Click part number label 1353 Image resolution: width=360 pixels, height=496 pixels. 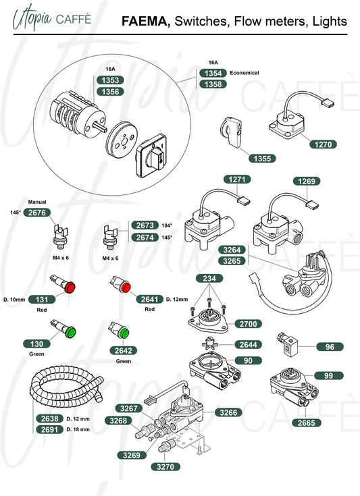point(110,80)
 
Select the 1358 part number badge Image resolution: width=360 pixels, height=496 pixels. point(213,84)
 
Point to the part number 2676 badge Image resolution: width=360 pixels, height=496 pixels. point(37,213)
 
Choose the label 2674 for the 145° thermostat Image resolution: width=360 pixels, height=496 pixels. point(145,238)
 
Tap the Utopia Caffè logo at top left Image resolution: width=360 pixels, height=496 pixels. point(52,18)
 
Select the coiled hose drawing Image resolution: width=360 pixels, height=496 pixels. point(66,387)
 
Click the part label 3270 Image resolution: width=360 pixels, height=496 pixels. point(165,466)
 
